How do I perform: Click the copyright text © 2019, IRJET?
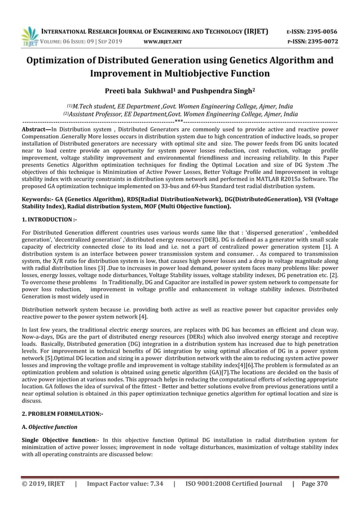coord(43,484)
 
